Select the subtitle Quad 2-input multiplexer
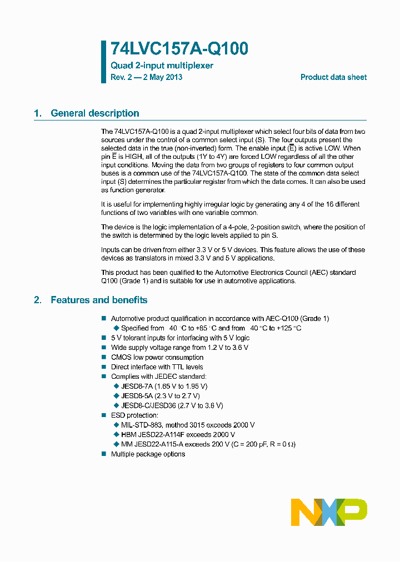click(162, 66)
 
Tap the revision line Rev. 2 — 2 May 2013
click(146, 77)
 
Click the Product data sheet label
click(333, 77)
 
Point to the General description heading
click(94, 113)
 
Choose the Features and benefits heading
click(99, 300)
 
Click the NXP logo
click(329, 512)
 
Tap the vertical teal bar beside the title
click(103, 62)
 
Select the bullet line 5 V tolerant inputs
click(180, 338)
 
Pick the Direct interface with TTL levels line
click(157, 367)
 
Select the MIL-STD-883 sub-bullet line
click(187, 425)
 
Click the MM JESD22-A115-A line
click(204, 444)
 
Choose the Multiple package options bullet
click(148, 454)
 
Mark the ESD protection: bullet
click(134, 415)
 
